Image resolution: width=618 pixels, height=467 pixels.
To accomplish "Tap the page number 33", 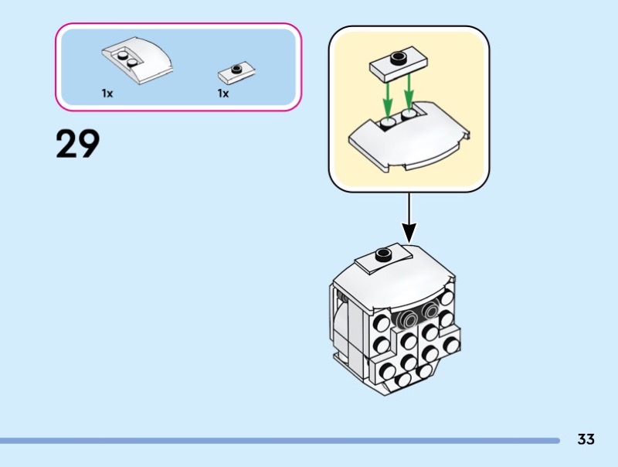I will (586, 439).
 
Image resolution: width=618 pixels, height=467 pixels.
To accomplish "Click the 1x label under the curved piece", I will (107, 93).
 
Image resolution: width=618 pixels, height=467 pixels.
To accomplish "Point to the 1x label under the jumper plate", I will (223, 93).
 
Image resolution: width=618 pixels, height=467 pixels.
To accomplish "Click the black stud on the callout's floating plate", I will (399, 56).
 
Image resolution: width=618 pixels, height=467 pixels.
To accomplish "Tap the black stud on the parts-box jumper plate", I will (236, 68).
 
